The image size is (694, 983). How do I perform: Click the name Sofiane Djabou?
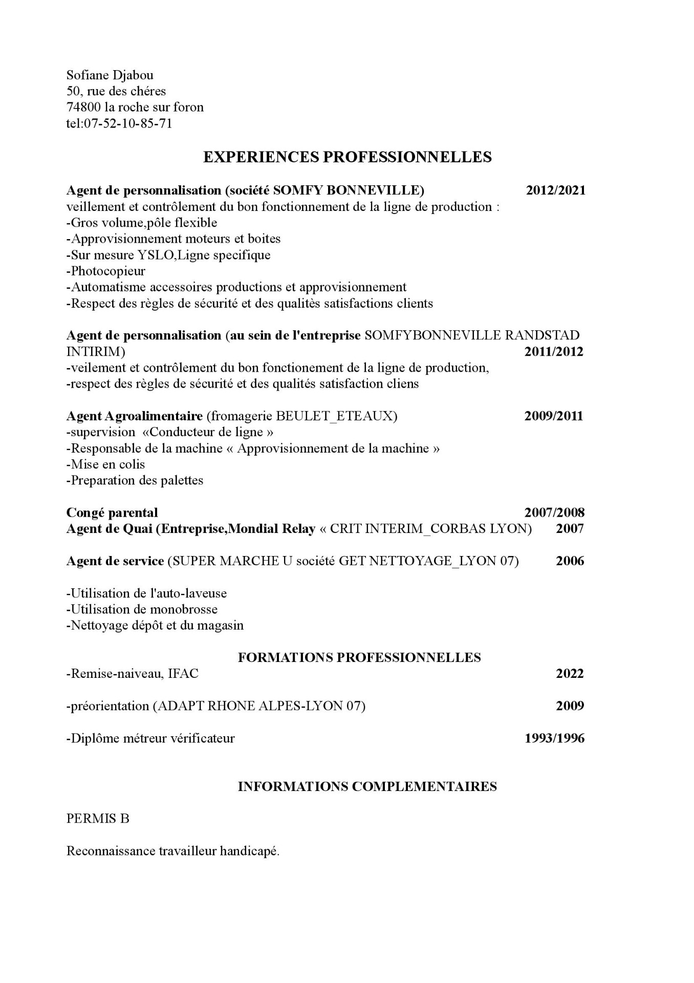(x=110, y=75)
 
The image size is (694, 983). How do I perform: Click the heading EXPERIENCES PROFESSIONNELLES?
(x=347, y=157)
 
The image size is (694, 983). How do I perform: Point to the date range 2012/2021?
(x=555, y=190)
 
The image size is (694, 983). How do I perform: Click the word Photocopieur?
(x=108, y=271)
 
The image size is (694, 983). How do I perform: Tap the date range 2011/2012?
(x=553, y=352)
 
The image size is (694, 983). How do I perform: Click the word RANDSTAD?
(x=542, y=335)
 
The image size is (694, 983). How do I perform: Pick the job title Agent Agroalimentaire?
(x=134, y=416)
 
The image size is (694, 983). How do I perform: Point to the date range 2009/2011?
(x=553, y=416)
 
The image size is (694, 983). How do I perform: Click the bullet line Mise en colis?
(x=106, y=464)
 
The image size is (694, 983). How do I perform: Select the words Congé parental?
(x=112, y=512)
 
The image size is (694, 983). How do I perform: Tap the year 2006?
(x=570, y=561)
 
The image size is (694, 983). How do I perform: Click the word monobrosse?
(x=184, y=609)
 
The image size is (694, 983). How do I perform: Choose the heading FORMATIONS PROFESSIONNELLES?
(x=359, y=657)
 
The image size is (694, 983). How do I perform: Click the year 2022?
(x=570, y=673)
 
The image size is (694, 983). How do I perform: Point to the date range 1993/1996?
(x=554, y=738)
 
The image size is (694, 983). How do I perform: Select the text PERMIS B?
(x=98, y=819)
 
